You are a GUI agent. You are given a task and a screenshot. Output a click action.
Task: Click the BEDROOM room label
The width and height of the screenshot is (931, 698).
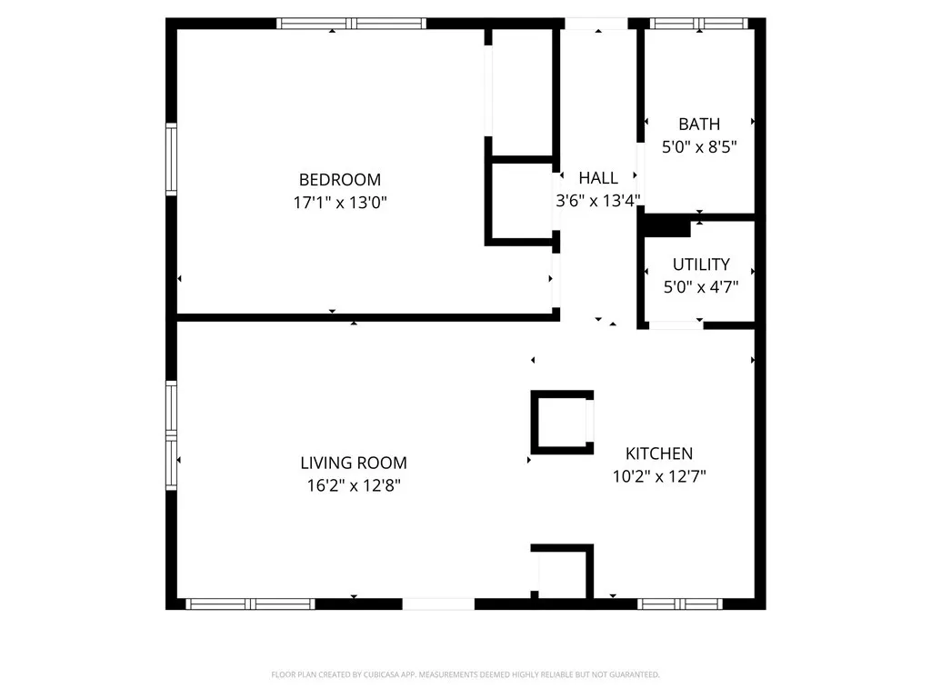pyautogui.click(x=340, y=180)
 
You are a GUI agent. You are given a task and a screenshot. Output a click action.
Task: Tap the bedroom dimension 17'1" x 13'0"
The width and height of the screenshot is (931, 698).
pyautogui.click(x=340, y=203)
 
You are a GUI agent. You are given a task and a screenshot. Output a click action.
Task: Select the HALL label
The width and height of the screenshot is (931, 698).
pyautogui.click(x=598, y=178)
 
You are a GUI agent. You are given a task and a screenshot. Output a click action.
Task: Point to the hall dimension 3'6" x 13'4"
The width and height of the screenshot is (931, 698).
pyautogui.click(x=598, y=201)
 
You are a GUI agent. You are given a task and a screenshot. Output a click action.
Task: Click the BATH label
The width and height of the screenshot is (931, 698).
pyautogui.click(x=699, y=125)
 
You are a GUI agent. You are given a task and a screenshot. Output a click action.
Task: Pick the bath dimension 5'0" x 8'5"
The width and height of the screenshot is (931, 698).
pyautogui.click(x=699, y=146)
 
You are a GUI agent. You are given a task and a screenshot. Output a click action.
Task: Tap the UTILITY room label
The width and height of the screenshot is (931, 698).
pyautogui.click(x=701, y=264)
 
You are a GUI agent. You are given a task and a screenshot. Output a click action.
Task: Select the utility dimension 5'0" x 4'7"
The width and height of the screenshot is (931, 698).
pyautogui.click(x=701, y=286)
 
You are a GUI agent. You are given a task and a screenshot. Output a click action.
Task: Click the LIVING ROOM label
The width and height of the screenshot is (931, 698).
pyautogui.click(x=354, y=463)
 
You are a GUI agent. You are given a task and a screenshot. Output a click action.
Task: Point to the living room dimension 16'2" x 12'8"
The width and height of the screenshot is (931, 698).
pyautogui.click(x=354, y=485)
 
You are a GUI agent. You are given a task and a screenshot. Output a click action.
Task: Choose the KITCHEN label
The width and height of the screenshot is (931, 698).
pyautogui.click(x=659, y=454)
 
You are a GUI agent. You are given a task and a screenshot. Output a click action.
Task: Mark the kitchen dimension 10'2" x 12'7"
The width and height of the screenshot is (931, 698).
pyautogui.click(x=659, y=475)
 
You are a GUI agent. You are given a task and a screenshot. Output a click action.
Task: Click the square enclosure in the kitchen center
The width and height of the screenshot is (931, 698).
pyautogui.click(x=562, y=422)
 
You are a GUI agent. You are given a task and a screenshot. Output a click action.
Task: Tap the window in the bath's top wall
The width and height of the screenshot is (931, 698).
pyautogui.click(x=699, y=24)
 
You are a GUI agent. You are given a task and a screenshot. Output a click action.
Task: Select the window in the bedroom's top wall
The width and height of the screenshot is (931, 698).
pyautogui.click(x=351, y=24)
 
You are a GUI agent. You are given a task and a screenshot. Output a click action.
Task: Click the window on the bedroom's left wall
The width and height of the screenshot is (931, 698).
pyautogui.click(x=171, y=160)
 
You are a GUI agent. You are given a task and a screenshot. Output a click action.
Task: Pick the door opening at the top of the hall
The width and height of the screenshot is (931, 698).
pyautogui.click(x=596, y=24)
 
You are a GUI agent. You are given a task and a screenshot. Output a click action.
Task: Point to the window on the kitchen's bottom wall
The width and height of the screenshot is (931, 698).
pyautogui.click(x=680, y=603)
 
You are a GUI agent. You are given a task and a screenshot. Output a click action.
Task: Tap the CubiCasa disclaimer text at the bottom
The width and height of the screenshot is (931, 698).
pyautogui.click(x=465, y=674)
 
